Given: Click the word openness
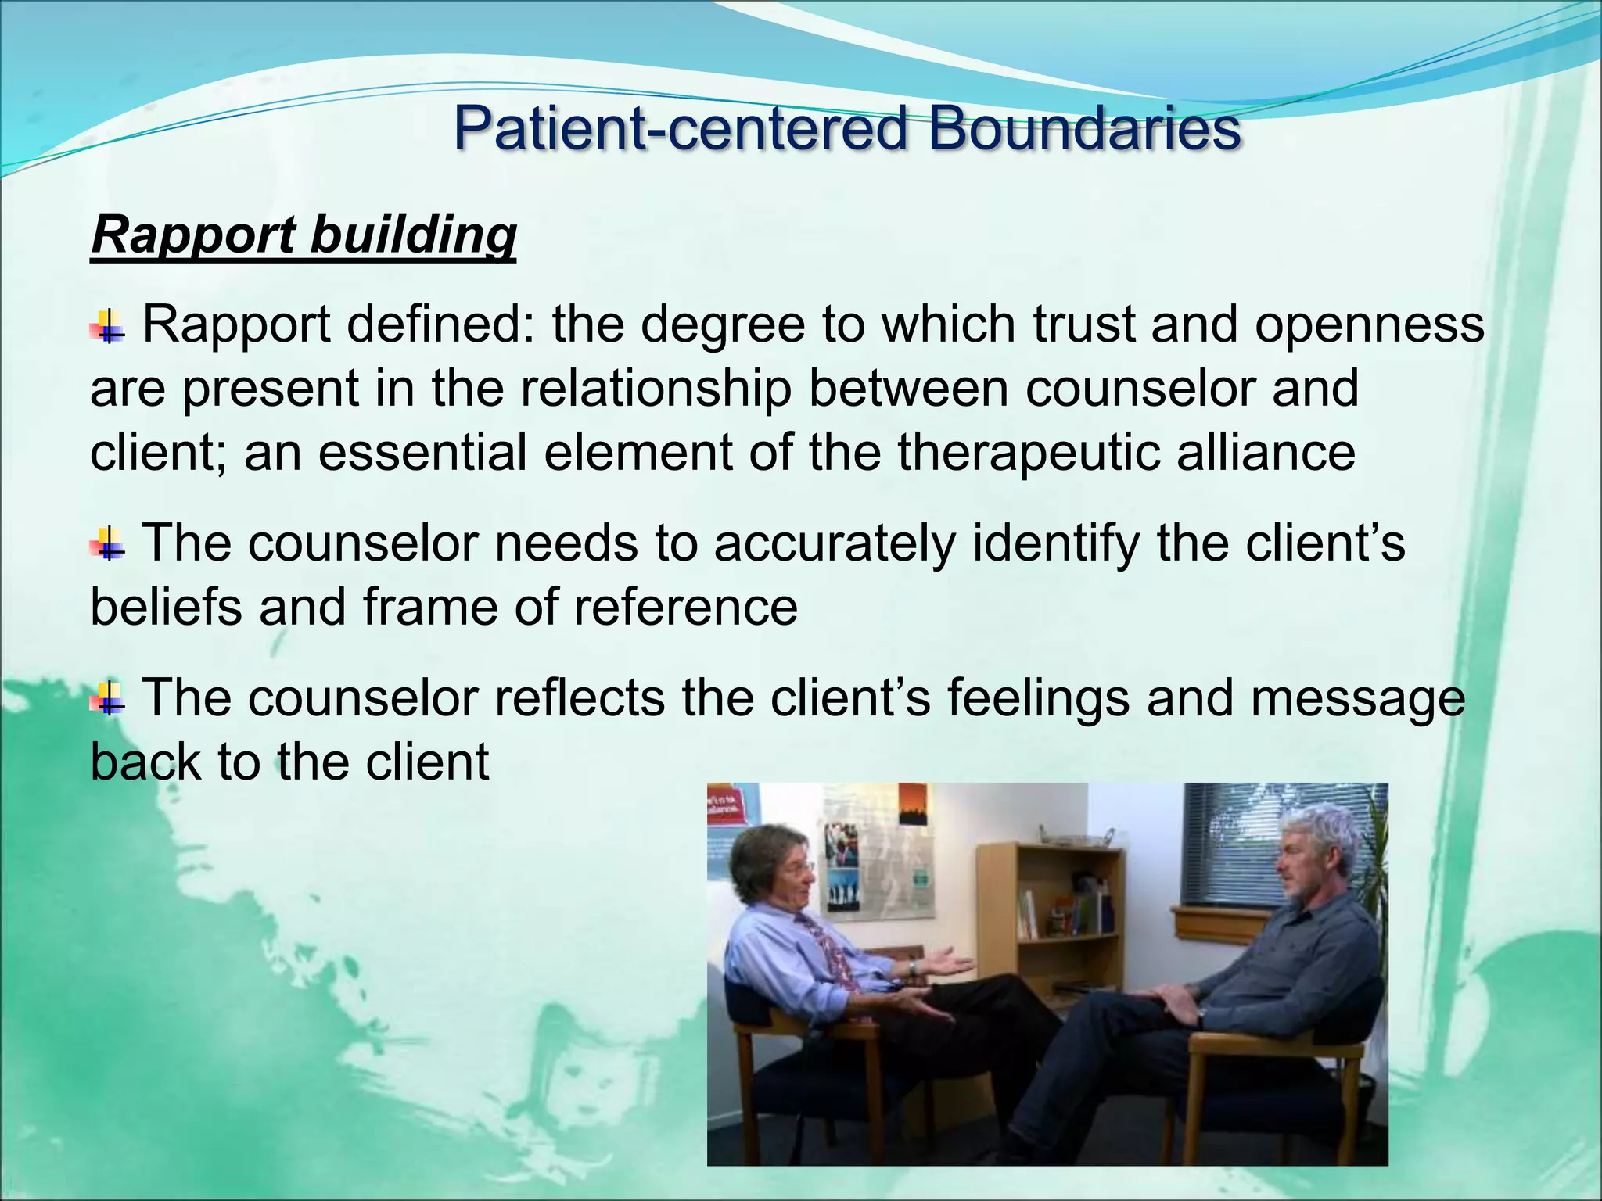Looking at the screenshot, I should point(1369,324).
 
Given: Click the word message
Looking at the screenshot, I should point(1357,697).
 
